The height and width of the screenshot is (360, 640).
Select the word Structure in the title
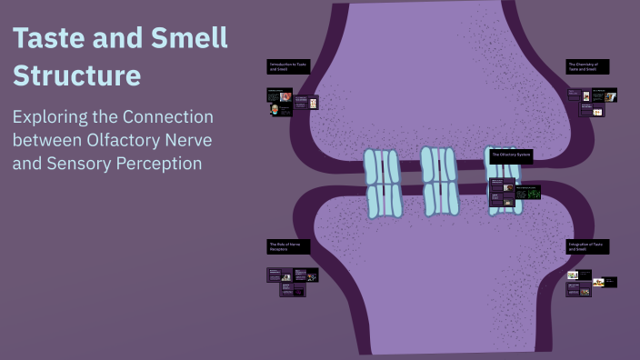point(76,75)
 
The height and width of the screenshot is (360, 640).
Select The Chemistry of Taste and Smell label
point(587,66)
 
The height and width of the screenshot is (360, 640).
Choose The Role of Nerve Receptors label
point(287,246)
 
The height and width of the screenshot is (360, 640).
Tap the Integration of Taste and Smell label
point(587,246)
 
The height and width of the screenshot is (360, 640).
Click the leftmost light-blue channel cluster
point(382,183)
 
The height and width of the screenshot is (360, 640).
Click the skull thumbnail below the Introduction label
point(275,110)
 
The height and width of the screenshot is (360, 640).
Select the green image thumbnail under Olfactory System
point(528,192)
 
